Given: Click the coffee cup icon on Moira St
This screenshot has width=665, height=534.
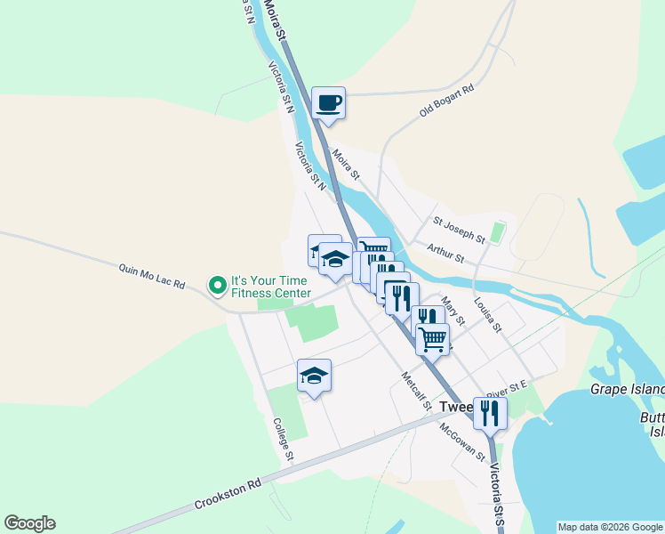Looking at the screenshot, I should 328,102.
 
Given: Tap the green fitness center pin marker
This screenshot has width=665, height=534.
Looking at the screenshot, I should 217,286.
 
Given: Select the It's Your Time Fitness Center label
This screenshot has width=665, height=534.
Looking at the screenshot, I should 271,286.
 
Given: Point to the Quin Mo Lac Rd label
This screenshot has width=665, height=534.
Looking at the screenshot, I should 152,276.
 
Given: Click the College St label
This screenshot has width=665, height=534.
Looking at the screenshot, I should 283,439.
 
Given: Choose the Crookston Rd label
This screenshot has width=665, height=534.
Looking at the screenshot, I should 229,496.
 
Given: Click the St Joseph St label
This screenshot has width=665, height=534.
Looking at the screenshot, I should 459,230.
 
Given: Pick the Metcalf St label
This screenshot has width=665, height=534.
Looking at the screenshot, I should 415,391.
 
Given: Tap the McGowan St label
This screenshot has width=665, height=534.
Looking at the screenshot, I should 462,441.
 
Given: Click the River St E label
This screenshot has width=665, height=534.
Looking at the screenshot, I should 508,388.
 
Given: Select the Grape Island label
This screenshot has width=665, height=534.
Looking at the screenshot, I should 627,390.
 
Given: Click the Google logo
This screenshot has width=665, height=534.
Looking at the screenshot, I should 29,523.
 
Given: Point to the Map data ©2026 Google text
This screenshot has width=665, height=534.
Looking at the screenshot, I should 609,527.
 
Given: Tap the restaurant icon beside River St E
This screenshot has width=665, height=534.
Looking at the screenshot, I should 489,412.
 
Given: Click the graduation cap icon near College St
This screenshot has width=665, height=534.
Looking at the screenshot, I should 314,375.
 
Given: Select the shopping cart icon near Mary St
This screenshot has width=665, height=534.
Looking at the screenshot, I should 432,337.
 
